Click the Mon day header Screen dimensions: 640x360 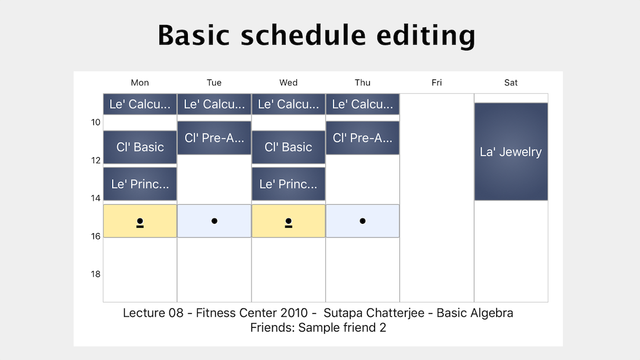(x=140, y=82)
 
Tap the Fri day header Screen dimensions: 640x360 (x=437, y=82)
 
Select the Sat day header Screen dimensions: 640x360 (x=511, y=82)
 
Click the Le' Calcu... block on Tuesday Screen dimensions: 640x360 (x=214, y=104)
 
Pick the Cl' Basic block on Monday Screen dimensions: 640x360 (x=140, y=147)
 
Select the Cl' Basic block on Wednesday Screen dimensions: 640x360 (x=289, y=147)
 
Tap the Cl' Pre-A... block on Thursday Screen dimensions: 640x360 (x=362, y=138)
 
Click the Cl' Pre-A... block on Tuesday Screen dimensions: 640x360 (x=214, y=138)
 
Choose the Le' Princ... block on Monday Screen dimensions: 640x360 (x=140, y=184)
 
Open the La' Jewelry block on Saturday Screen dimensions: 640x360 (x=511, y=151)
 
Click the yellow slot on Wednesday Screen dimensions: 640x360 (x=289, y=221)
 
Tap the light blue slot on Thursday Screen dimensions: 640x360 (x=362, y=221)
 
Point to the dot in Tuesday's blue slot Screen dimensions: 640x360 (x=214, y=221)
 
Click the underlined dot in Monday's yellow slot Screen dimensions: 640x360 (x=140, y=223)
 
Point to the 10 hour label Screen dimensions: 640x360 (x=96, y=122)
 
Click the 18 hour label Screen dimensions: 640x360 (x=96, y=274)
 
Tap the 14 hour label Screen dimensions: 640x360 (x=96, y=198)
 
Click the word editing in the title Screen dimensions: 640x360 (x=426, y=35)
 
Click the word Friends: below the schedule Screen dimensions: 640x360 (x=272, y=328)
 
